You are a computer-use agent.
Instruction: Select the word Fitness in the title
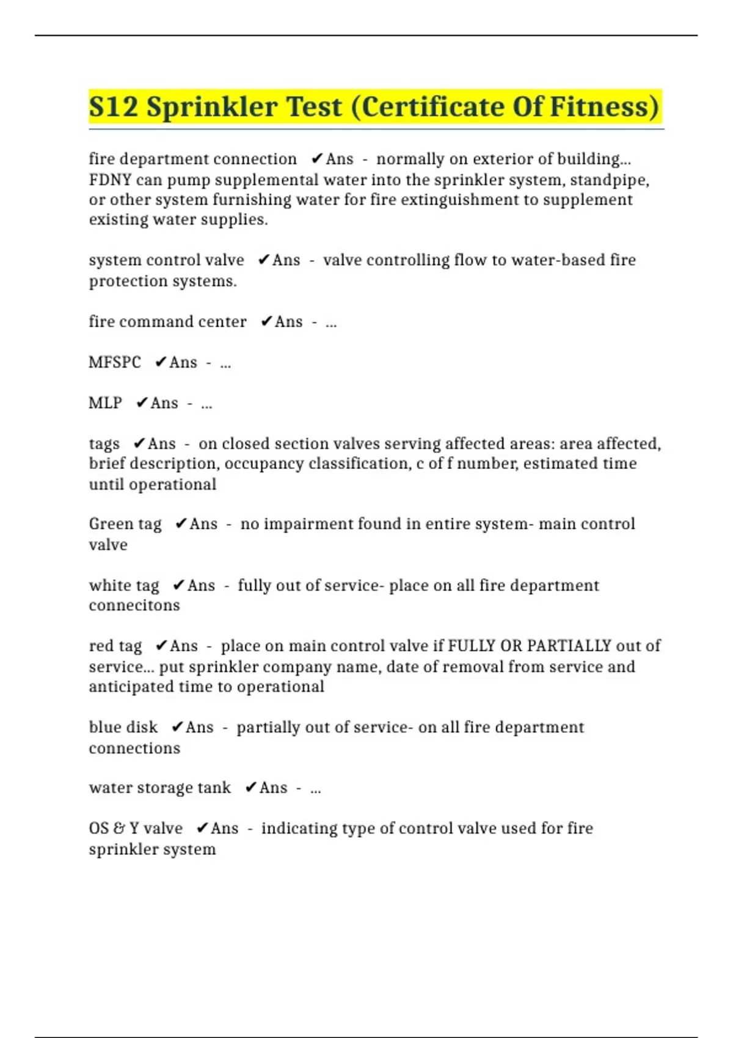(x=605, y=107)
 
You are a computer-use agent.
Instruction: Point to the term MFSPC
(x=115, y=362)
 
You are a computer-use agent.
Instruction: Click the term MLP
(x=105, y=403)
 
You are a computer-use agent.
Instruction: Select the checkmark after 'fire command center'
(x=266, y=321)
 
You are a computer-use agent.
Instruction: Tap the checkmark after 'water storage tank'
(x=250, y=788)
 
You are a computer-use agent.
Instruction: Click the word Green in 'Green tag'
(x=111, y=524)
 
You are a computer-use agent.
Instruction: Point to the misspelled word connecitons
(x=134, y=606)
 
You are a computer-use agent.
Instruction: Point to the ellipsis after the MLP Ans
(x=206, y=404)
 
